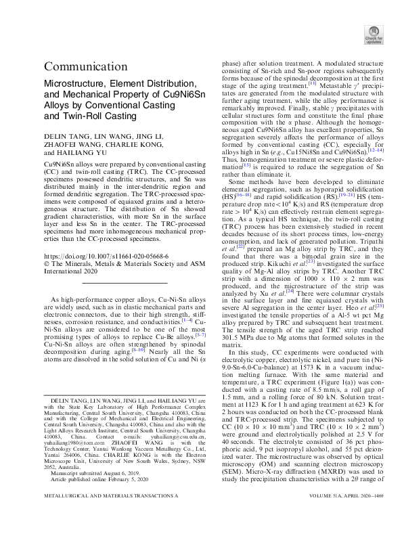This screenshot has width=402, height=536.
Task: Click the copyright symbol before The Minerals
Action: (47, 266)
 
